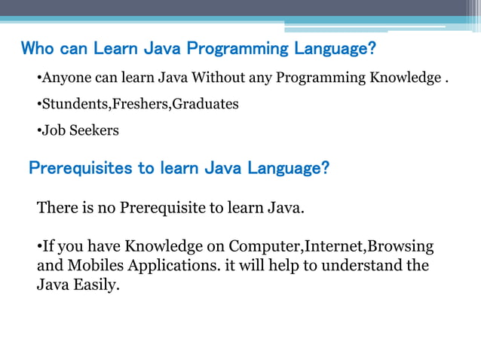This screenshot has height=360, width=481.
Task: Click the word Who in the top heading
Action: click(x=35, y=50)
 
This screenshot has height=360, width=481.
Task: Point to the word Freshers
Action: click(x=140, y=104)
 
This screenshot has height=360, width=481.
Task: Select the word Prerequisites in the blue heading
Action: click(x=81, y=167)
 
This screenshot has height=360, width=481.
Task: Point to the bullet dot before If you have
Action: click(x=39, y=248)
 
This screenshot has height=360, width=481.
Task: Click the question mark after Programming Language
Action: click(x=372, y=50)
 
